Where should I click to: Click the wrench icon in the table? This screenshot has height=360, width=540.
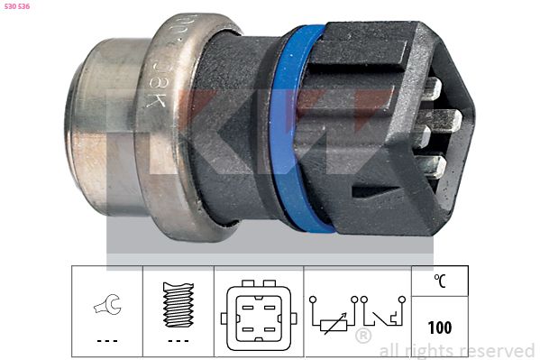tap(106, 308)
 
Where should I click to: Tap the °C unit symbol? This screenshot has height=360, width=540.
tap(440, 282)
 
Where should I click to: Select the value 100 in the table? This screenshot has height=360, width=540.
tap(440, 328)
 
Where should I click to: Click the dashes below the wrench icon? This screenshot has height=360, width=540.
tap(106, 341)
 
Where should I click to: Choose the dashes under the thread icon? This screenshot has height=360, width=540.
tap(178, 341)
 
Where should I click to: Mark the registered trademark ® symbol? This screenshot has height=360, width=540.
tap(362, 337)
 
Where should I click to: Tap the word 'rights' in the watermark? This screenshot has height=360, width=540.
tap(428, 350)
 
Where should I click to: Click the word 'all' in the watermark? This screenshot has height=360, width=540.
tap(389, 350)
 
